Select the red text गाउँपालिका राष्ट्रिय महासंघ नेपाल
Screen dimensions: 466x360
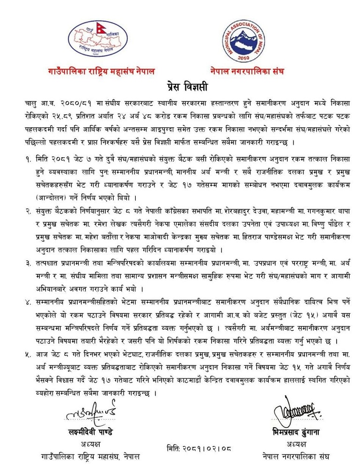click(x=101, y=72)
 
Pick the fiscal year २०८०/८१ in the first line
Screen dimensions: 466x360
click(x=71, y=102)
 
